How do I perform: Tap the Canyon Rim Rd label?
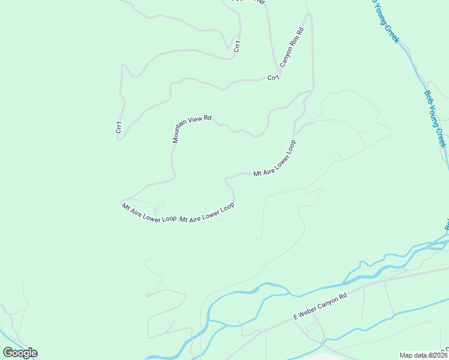pyautogui.click(x=292, y=46)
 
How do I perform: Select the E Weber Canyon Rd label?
pyautogui.click(x=320, y=307)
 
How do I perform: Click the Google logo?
pyautogui.click(x=20, y=353)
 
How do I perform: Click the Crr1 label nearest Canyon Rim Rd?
pyautogui.click(x=273, y=77)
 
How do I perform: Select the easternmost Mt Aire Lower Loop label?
pyautogui.click(x=275, y=158)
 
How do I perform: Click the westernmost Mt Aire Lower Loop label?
pyautogui.click(x=149, y=213)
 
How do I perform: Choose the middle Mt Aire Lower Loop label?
pyautogui.click(x=207, y=212)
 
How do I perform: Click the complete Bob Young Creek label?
pyautogui.click(x=435, y=119)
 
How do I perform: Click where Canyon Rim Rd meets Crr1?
pyautogui.click(x=278, y=67)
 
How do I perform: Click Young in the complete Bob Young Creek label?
pyautogui.click(x=435, y=119)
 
